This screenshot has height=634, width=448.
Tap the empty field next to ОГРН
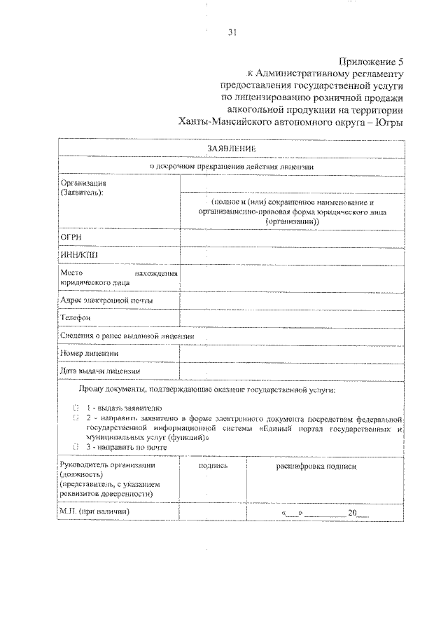click(x=292, y=238)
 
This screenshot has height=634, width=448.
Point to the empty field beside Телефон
click(x=292, y=318)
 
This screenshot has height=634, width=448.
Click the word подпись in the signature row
click(x=213, y=465)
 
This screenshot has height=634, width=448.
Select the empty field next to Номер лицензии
click(x=292, y=354)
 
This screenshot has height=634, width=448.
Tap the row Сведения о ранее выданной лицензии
click(x=127, y=336)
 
